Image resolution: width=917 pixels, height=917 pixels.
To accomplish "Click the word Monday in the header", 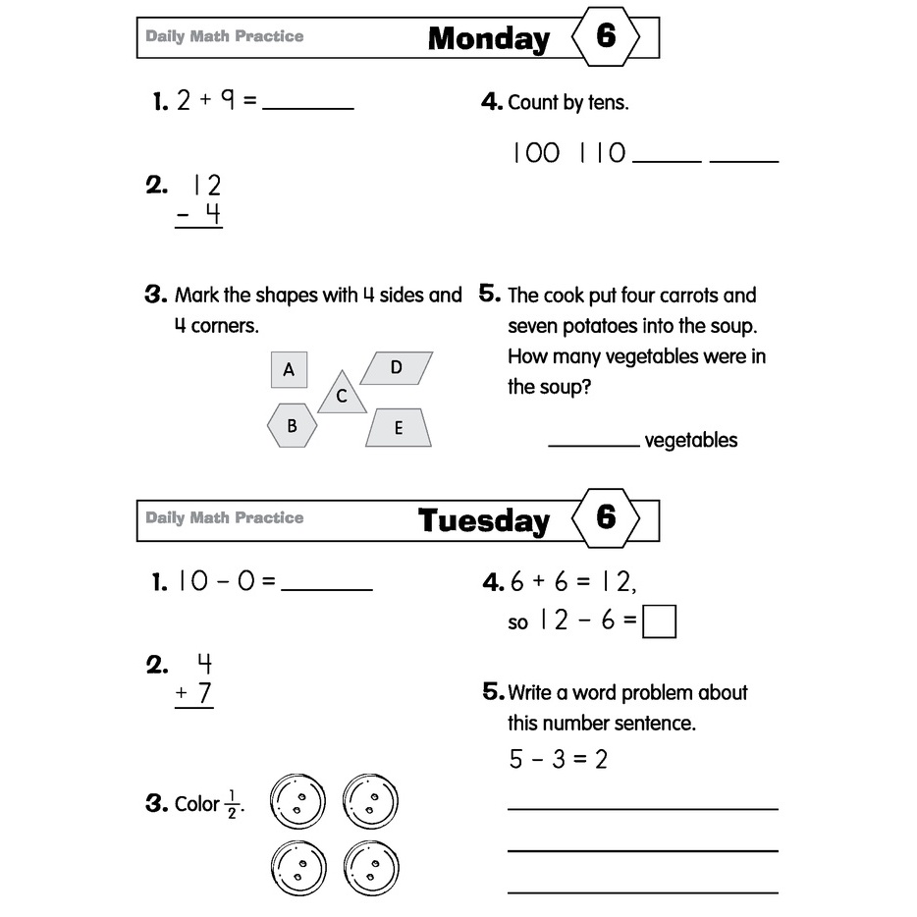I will point(489,39).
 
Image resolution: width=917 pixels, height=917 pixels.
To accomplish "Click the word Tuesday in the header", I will point(483,520).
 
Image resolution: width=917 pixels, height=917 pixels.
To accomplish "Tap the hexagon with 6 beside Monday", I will point(606,37).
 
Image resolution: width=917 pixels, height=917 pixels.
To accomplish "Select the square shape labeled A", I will point(289,370).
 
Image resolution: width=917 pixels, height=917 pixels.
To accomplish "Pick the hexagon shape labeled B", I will point(292,426).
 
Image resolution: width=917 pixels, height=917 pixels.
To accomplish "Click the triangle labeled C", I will point(342,395).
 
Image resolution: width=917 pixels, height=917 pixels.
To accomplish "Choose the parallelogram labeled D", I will point(396,368).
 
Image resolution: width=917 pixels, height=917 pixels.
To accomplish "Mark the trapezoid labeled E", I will point(399,428).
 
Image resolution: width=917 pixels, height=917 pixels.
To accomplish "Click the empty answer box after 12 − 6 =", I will point(659,622).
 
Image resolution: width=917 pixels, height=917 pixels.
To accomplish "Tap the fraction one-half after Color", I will point(233,803).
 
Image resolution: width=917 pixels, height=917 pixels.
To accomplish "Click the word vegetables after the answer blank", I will point(690,441).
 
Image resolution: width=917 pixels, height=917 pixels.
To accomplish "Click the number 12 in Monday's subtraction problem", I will point(206,185).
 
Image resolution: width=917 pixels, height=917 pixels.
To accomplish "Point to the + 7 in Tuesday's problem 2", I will point(194,694).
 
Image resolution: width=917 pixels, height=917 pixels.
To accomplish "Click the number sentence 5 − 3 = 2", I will point(558,759).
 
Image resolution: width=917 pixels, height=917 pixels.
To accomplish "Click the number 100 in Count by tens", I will point(536,153).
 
